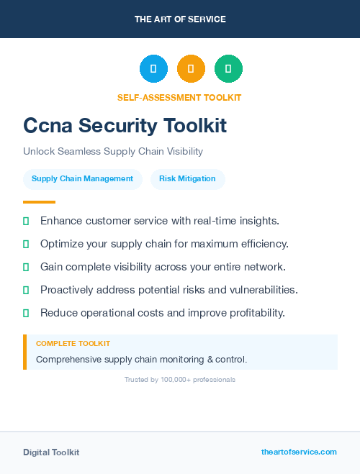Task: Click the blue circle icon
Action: click(153, 68)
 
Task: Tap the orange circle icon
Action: click(191, 68)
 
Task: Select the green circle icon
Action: click(228, 68)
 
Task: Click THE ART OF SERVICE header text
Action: click(180, 19)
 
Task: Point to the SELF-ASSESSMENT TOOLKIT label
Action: click(179, 97)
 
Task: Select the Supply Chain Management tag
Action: click(82, 178)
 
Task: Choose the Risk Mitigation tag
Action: click(187, 178)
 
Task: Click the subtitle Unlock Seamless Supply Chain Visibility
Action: click(113, 152)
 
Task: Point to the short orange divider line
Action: click(39, 202)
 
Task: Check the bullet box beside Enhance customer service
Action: click(26, 221)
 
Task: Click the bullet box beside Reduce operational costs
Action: click(26, 313)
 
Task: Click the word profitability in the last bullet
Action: click(255, 313)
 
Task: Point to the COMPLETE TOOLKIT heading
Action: click(73, 344)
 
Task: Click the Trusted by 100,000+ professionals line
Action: click(180, 379)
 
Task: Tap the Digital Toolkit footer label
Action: click(51, 452)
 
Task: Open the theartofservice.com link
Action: click(299, 452)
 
